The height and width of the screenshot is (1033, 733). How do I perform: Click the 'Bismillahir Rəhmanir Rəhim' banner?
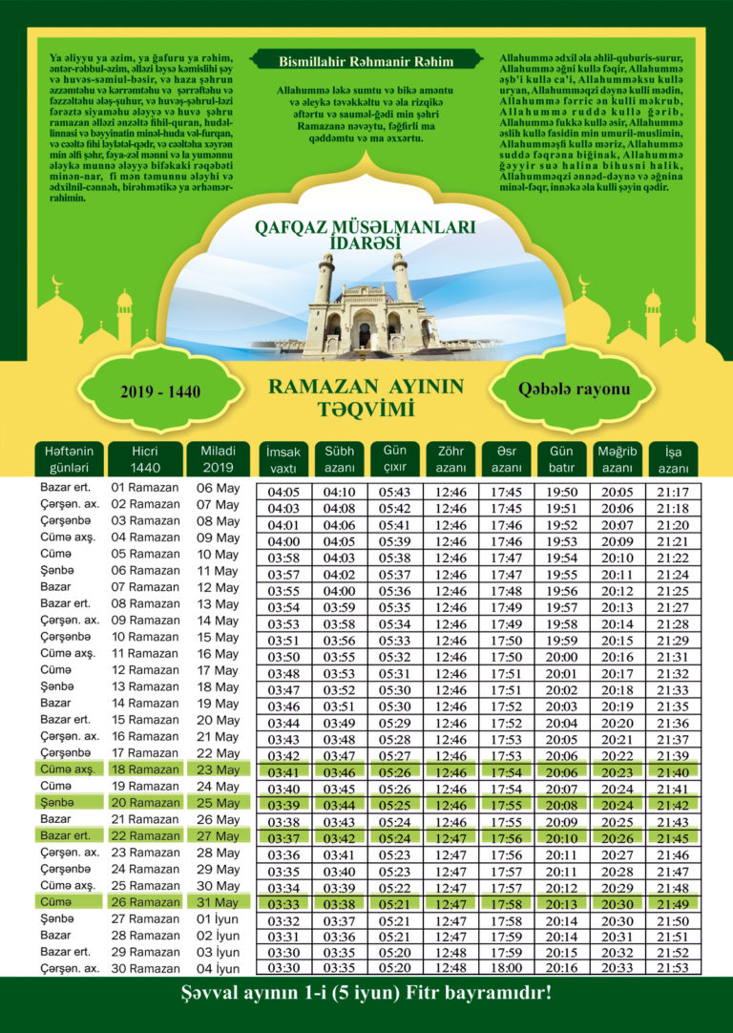coord(353,61)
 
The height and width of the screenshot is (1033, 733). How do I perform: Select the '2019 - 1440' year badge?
coord(159,391)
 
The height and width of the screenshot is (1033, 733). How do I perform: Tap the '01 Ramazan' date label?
coord(145,487)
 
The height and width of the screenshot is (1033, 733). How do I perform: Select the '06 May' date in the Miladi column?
coord(218,487)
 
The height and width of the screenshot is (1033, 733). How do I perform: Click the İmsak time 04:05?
coord(284,492)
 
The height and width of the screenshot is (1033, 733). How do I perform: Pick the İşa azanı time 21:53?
coord(673,968)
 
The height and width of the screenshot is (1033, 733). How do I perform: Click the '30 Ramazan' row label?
coord(145,969)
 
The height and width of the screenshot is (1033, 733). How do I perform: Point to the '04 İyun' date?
coord(218,969)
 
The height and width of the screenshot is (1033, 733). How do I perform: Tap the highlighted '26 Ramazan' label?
coord(145,902)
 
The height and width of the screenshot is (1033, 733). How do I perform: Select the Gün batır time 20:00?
coord(561,658)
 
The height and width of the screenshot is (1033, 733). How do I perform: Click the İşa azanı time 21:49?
coord(673,902)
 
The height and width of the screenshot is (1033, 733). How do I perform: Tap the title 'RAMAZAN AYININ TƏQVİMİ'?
coord(366,397)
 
